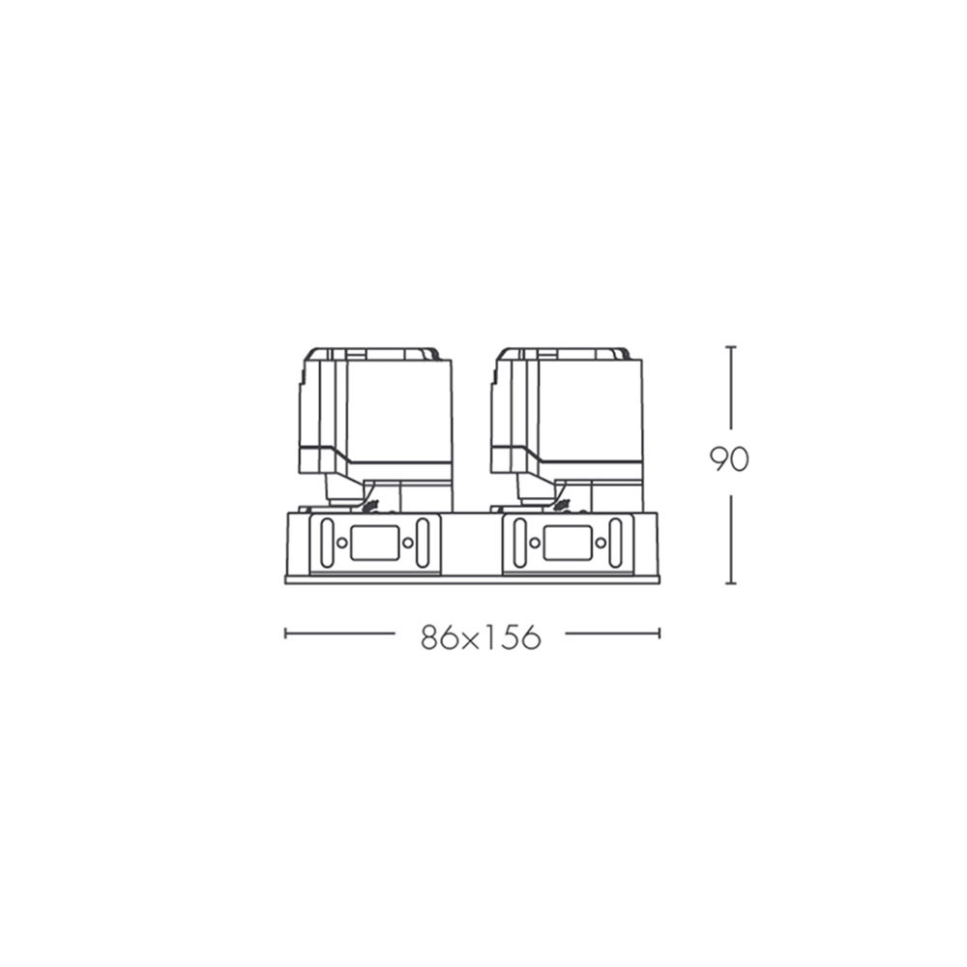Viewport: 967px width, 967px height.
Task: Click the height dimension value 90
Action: tap(729, 459)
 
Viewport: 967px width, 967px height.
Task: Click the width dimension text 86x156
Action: tap(481, 637)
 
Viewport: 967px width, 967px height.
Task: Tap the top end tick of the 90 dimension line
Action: tap(731, 347)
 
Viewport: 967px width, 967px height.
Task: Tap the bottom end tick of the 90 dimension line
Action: tap(731, 583)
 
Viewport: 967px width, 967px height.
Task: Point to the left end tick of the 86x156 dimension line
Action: tap(285, 633)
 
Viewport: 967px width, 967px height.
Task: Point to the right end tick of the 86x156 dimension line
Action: tap(659, 633)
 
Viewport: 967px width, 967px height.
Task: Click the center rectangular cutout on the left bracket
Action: tap(374, 542)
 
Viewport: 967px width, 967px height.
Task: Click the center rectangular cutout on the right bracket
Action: tap(568, 542)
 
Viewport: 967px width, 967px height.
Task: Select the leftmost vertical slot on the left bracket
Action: tap(328, 542)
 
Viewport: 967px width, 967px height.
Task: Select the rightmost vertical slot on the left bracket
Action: tap(423, 542)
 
